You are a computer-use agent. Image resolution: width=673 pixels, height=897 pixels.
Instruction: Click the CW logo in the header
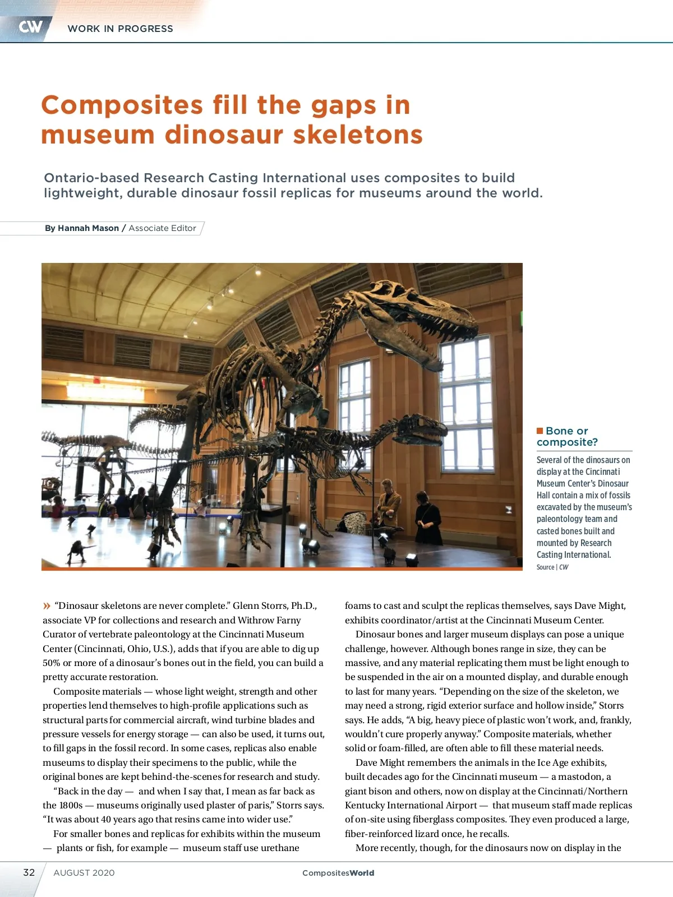(30, 26)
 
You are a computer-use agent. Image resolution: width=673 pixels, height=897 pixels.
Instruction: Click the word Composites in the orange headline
(122, 105)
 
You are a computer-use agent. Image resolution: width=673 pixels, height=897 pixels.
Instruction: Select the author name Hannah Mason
(88, 228)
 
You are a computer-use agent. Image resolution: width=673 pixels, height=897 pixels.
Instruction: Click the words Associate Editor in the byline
(162, 228)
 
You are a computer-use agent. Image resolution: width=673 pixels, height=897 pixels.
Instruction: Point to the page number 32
(29, 872)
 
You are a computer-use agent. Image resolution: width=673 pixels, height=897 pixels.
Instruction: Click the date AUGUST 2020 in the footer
(84, 873)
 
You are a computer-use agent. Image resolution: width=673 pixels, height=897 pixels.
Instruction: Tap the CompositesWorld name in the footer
(338, 873)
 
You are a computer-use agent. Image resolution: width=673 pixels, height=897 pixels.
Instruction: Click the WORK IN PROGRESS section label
(120, 29)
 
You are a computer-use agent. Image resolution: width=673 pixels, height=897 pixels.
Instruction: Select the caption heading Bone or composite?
(567, 436)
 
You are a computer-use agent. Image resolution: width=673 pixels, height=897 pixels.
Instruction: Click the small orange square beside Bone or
(540, 431)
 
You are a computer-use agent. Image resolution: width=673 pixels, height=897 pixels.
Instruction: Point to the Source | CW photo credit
(552, 567)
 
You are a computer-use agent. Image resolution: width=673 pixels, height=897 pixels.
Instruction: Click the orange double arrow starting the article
(47, 605)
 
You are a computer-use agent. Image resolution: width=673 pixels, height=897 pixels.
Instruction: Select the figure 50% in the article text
(52, 663)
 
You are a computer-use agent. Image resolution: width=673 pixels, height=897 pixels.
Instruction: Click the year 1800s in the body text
(71, 805)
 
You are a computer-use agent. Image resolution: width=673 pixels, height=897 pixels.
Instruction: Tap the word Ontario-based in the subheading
(91, 178)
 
